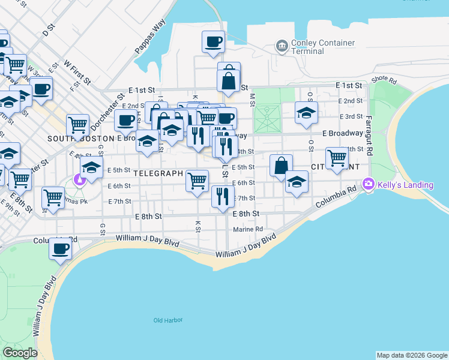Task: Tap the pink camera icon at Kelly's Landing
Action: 368,184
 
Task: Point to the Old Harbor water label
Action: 167,320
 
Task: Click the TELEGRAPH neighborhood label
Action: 157,173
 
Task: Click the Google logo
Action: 20,353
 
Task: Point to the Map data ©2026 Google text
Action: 412,355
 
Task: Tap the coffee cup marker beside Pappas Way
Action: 213,42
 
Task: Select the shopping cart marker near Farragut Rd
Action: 337,158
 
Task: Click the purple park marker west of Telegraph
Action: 79,179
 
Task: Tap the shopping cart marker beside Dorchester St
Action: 77,124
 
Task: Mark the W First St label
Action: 77,71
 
